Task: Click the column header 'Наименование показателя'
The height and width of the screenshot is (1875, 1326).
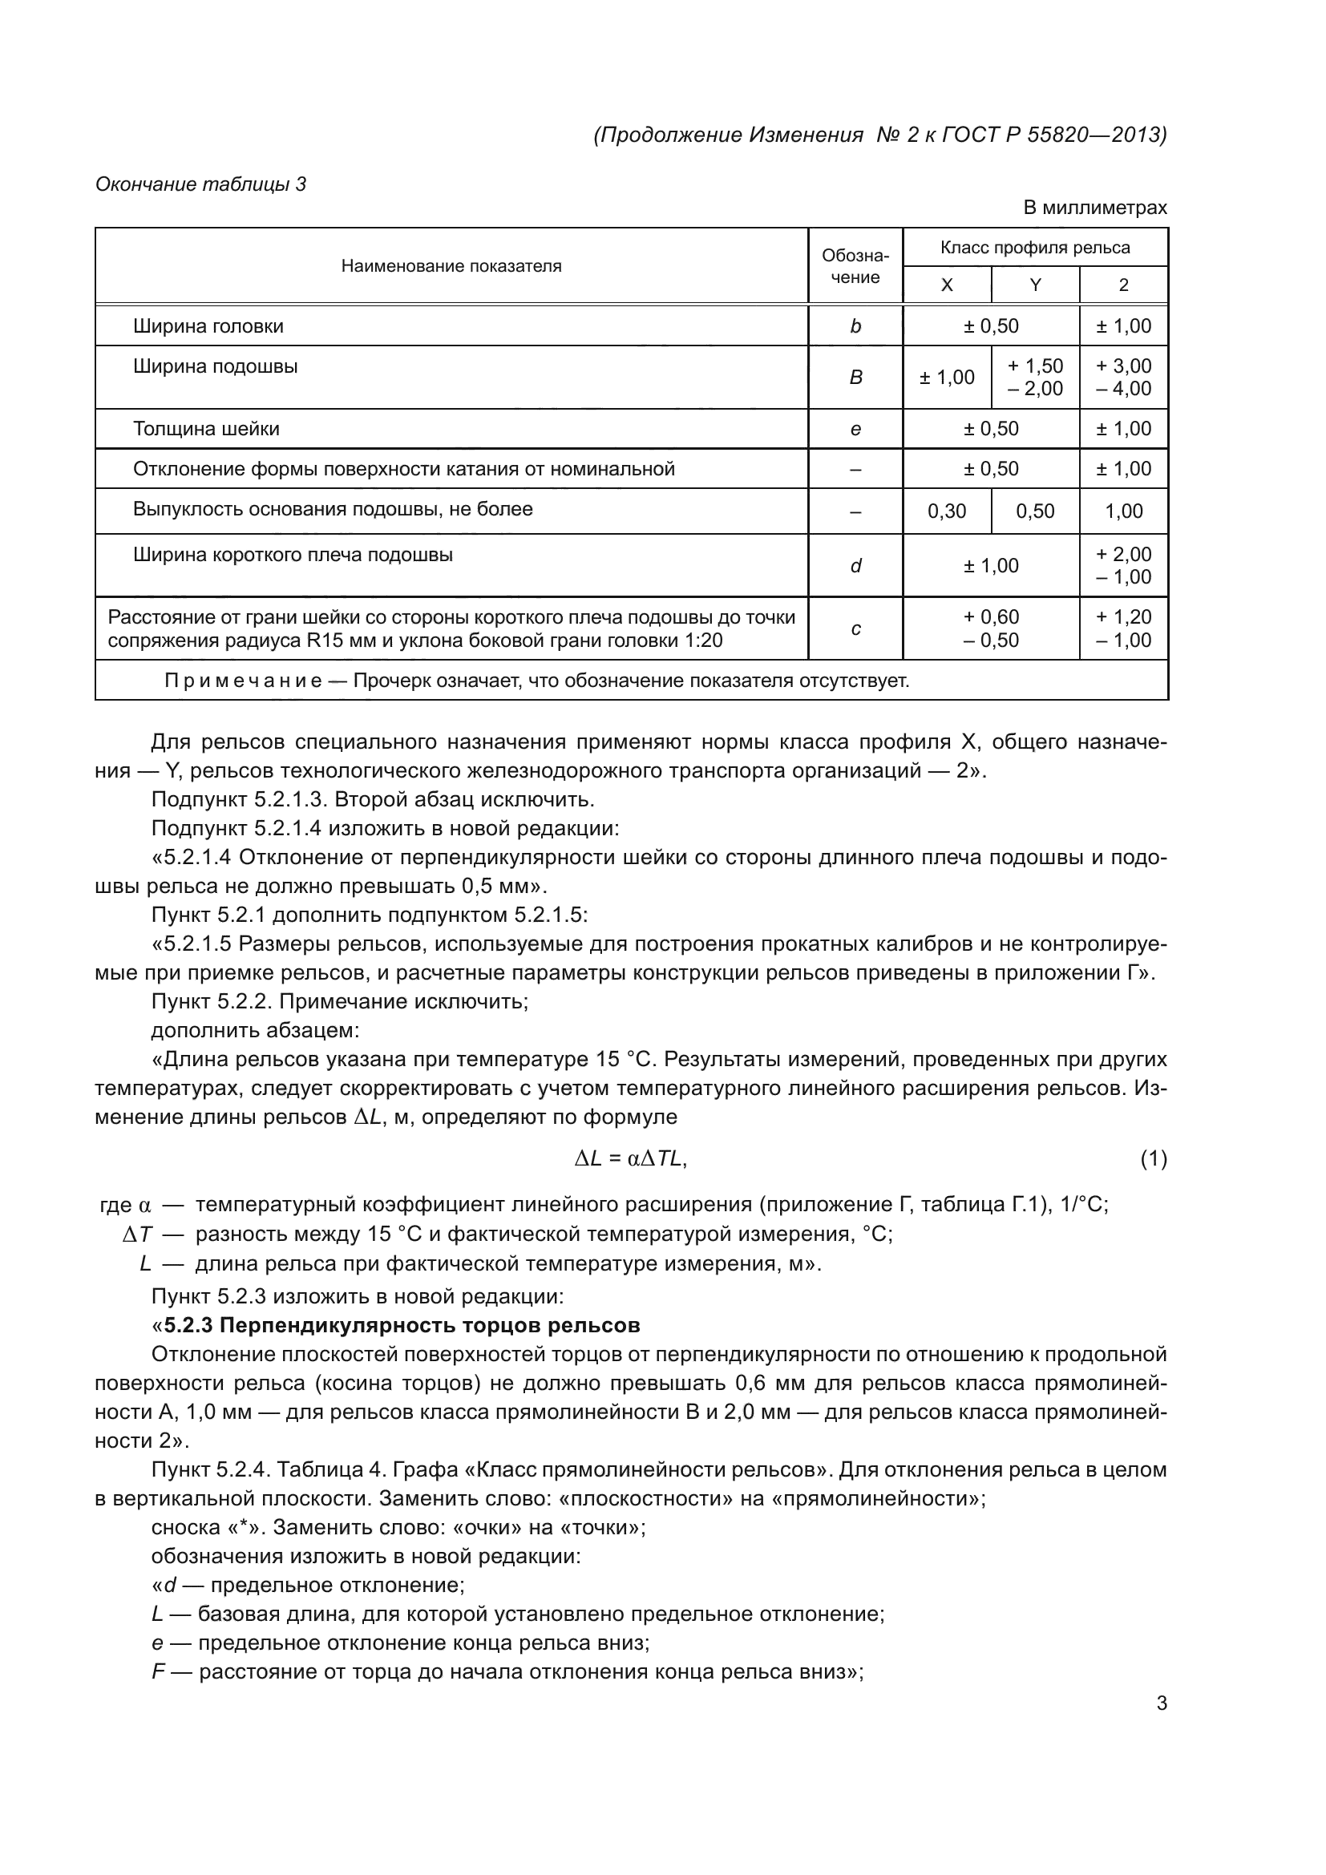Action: coord(451,266)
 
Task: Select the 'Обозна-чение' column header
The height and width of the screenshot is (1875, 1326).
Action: coord(855,266)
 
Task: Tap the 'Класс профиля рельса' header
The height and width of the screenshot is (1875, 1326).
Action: coord(1034,248)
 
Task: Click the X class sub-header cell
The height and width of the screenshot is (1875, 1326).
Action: coord(946,285)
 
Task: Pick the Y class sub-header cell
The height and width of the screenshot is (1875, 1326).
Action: coord(1034,285)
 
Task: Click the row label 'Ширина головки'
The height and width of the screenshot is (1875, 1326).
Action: coord(208,326)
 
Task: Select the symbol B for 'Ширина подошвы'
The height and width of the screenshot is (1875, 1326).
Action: coord(855,378)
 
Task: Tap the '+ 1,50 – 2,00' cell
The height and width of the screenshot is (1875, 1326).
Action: coord(1034,378)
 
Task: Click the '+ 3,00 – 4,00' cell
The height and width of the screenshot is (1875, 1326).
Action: coord(1123,378)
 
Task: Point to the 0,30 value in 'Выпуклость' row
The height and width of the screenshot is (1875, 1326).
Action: coord(946,511)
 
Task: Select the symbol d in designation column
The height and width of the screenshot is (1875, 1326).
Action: coord(855,566)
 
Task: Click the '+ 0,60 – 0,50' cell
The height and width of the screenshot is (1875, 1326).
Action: coord(990,628)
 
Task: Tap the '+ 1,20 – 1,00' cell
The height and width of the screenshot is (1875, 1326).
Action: coord(1123,628)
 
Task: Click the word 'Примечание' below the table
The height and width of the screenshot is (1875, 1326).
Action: coord(242,681)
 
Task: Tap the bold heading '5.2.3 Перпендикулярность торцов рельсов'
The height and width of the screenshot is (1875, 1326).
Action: coord(402,1324)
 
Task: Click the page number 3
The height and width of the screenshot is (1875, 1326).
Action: coord(1161,1703)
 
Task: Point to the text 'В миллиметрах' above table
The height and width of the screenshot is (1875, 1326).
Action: coord(1094,208)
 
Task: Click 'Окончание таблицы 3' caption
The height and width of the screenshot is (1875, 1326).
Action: coord(200,184)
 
